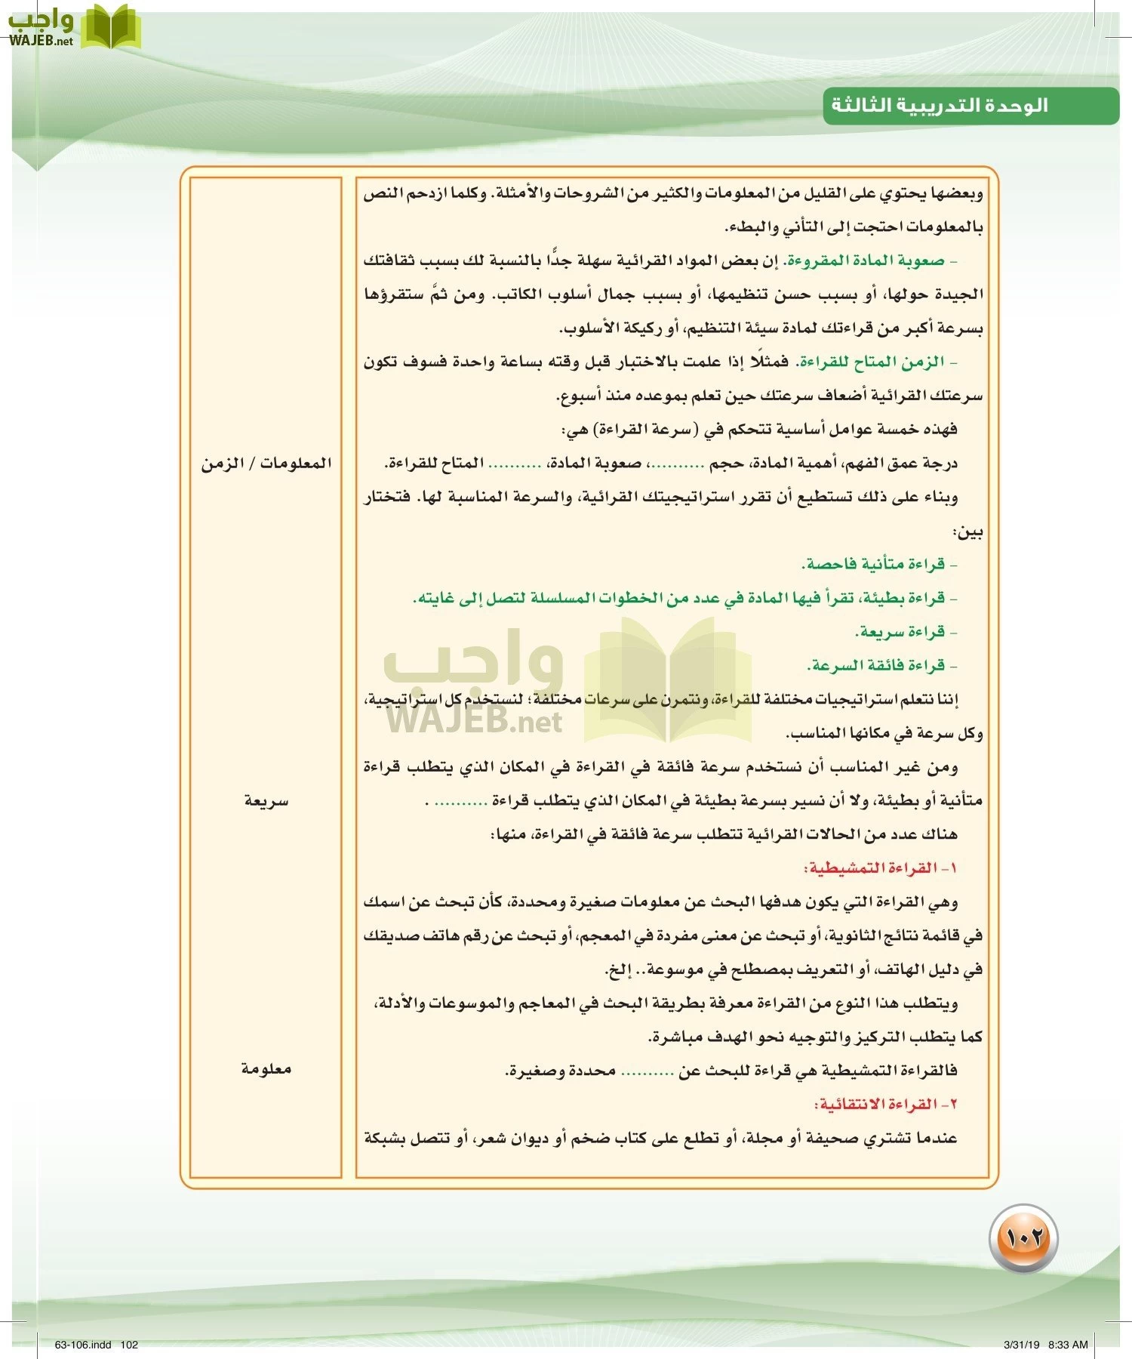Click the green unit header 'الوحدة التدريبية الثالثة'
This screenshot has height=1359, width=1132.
point(940,105)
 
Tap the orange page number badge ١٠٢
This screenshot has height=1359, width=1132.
point(1023,1238)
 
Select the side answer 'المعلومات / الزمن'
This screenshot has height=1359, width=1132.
point(266,463)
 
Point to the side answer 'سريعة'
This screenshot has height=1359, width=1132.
point(266,801)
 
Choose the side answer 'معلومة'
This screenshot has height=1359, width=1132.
point(266,1069)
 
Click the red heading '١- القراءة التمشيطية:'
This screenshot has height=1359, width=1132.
point(881,868)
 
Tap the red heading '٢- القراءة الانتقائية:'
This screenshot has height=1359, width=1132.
point(885,1104)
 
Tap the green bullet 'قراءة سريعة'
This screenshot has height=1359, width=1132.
point(902,631)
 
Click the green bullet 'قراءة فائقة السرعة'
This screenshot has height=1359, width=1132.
point(878,665)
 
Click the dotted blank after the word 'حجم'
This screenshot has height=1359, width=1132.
point(677,464)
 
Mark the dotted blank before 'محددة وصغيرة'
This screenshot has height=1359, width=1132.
point(647,1071)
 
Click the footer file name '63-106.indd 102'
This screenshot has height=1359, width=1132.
point(97,1345)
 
